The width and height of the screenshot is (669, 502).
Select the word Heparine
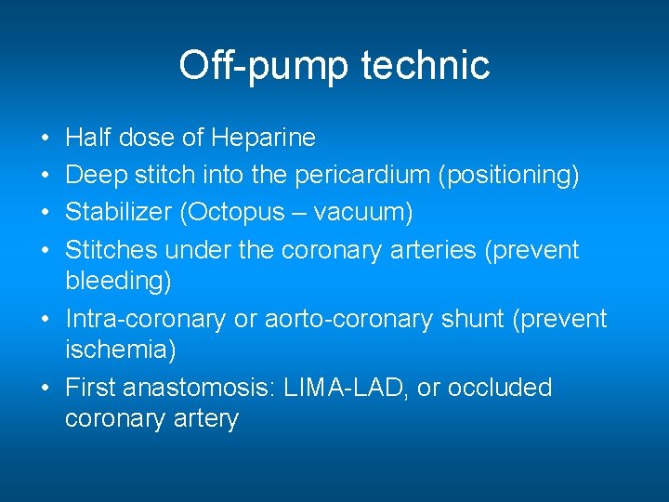tap(264, 139)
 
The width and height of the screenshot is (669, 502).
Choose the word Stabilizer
tap(119, 213)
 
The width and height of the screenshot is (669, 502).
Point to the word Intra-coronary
tap(145, 319)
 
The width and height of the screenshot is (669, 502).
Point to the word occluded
tap(499, 388)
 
